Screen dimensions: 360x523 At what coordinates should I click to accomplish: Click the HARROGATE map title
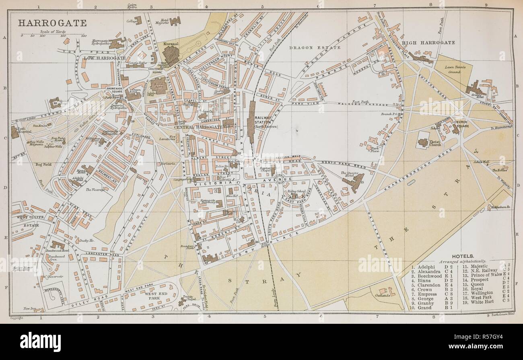coord(52,23)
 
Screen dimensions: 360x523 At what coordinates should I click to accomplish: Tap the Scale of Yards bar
coord(54,35)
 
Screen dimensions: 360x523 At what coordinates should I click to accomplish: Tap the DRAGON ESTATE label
coord(315,47)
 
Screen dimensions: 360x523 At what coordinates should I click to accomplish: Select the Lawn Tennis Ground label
coord(452,69)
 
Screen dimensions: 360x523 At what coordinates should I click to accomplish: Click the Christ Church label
coord(435,142)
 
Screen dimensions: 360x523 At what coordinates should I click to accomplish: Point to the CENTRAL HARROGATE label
coord(198,127)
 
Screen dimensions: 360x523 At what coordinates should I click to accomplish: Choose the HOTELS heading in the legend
coord(463,256)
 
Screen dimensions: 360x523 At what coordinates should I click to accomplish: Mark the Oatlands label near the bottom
coord(382,295)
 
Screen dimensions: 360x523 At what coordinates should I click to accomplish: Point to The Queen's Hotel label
coord(349,173)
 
